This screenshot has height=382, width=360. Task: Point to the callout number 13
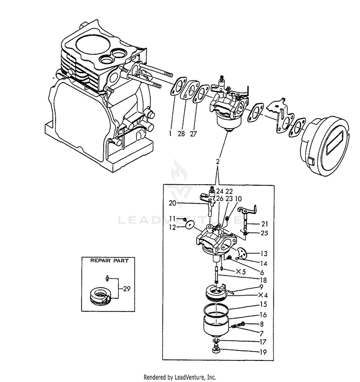(264, 253)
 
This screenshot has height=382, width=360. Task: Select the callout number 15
(263, 305)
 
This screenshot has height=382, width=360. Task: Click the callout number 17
(263, 342)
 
